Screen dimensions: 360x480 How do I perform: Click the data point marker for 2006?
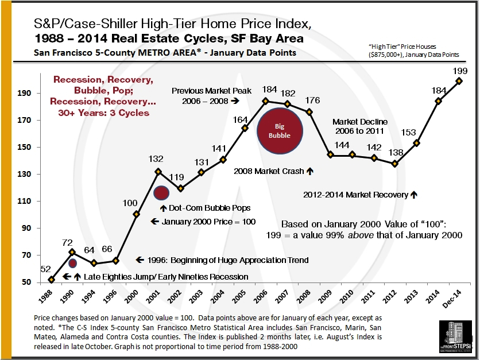pyautogui.click(x=265, y=101)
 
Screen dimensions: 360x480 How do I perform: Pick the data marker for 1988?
pyautogui.click(x=52, y=280)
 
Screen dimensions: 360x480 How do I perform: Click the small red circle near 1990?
pyautogui.click(x=73, y=264)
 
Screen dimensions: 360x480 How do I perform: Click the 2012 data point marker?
pyautogui.click(x=394, y=164)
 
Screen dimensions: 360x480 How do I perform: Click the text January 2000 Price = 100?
pyautogui.click(x=204, y=221)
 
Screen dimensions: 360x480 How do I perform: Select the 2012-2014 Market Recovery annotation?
pyautogui.click(x=356, y=195)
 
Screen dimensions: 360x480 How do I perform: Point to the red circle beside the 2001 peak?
pyautogui.click(x=161, y=193)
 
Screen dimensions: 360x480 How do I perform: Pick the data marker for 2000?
pyautogui.click(x=136, y=214)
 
